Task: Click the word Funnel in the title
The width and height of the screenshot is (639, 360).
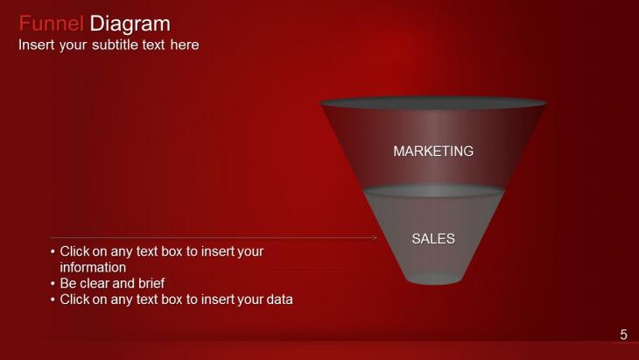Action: point(52,24)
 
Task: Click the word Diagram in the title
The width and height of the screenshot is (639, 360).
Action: point(130,24)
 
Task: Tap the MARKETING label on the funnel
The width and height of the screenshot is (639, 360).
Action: point(433,152)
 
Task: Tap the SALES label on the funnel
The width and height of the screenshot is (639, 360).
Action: point(433,238)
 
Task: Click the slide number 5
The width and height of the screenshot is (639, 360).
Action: point(623,335)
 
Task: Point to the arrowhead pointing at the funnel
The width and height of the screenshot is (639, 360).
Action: point(375,237)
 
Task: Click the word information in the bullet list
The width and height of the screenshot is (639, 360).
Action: point(93,267)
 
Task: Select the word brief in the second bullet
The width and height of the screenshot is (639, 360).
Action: point(151,283)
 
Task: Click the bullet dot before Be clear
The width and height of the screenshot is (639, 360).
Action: point(53,283)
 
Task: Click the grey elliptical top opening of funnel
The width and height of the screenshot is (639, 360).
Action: point(433,102)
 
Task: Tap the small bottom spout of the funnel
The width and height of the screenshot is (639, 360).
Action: point(434,279)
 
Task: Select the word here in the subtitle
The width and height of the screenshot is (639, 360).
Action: point(185,45)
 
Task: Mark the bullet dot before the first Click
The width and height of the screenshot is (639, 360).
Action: point(53,251)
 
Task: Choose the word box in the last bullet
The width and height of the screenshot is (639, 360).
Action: point(172,300)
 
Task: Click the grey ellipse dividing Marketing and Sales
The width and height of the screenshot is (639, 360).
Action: point(434,191)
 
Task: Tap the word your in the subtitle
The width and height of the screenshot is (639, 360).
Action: point(74,45)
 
